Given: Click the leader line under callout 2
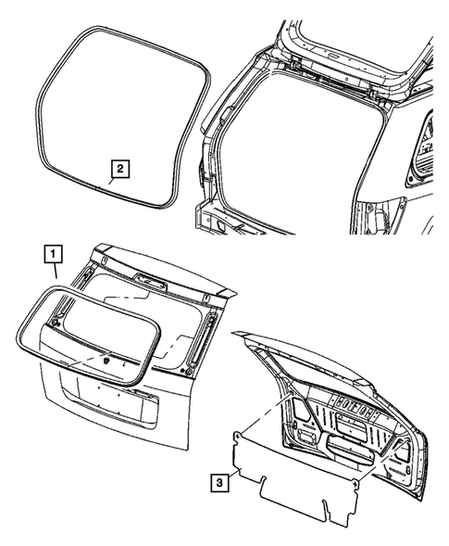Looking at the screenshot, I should click(114, 183).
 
